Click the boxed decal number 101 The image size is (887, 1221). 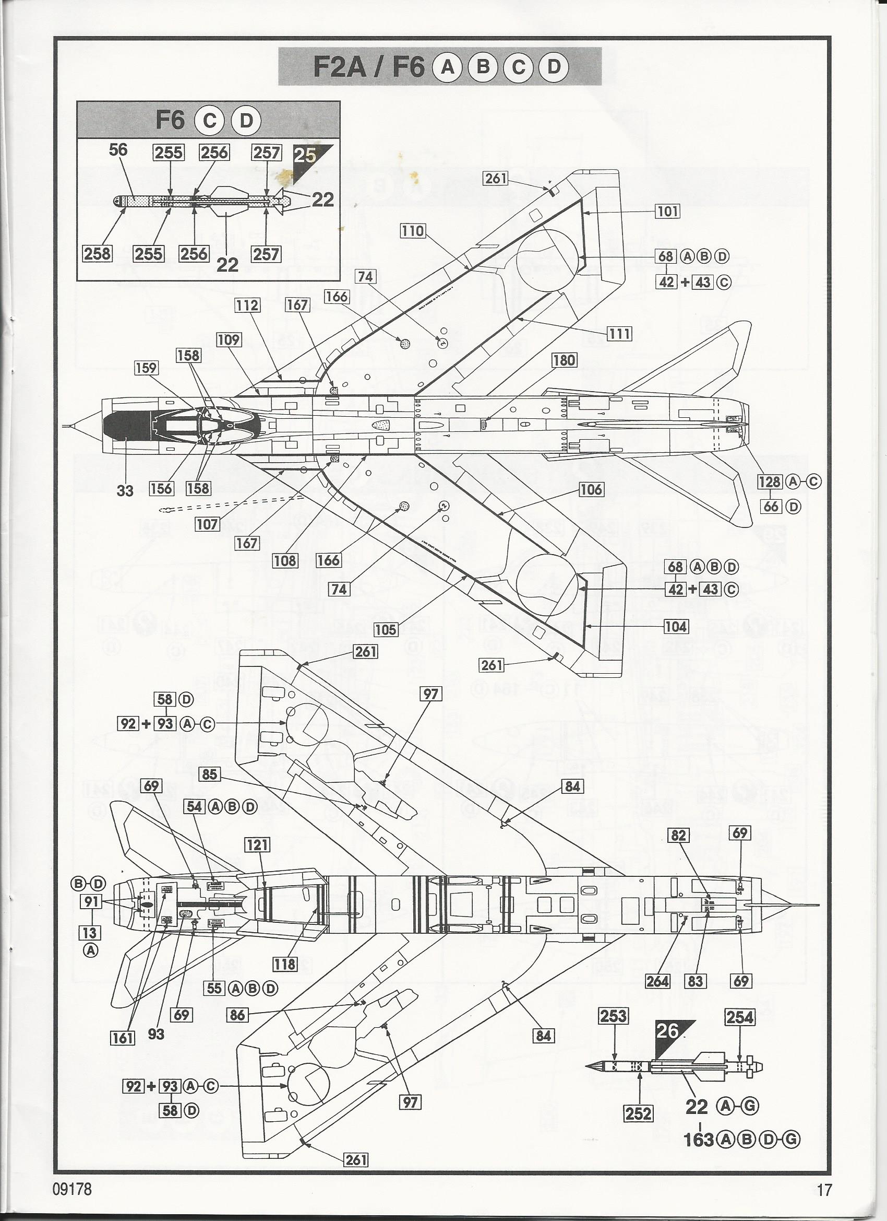point(667,211)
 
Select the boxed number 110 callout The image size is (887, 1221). point(413,231)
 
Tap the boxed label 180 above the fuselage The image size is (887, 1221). point(564,360)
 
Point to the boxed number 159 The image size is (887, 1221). point(146,368)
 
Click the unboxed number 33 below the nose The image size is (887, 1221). point(125,490)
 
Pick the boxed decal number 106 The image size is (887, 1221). point(591,489)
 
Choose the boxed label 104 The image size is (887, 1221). point(676,626)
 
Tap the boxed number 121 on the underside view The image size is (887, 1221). point(257,844)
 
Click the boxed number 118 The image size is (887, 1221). point(284,964)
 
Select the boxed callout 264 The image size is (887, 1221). point(657,981)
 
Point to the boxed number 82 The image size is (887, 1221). point(679,835)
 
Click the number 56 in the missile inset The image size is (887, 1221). point(118,150)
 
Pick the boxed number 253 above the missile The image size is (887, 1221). point(613,1016)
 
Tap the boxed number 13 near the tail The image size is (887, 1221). point(90,932)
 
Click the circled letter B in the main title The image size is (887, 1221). point(483,67)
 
